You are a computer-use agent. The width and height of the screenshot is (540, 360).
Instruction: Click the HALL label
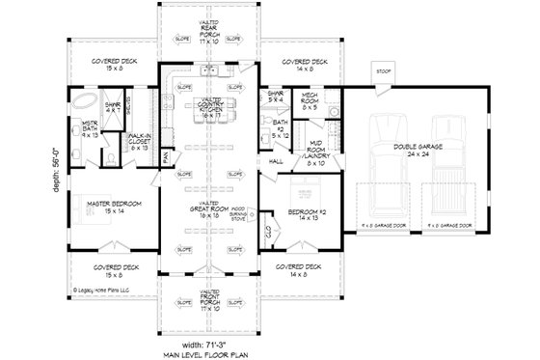[x=275, y=162]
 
